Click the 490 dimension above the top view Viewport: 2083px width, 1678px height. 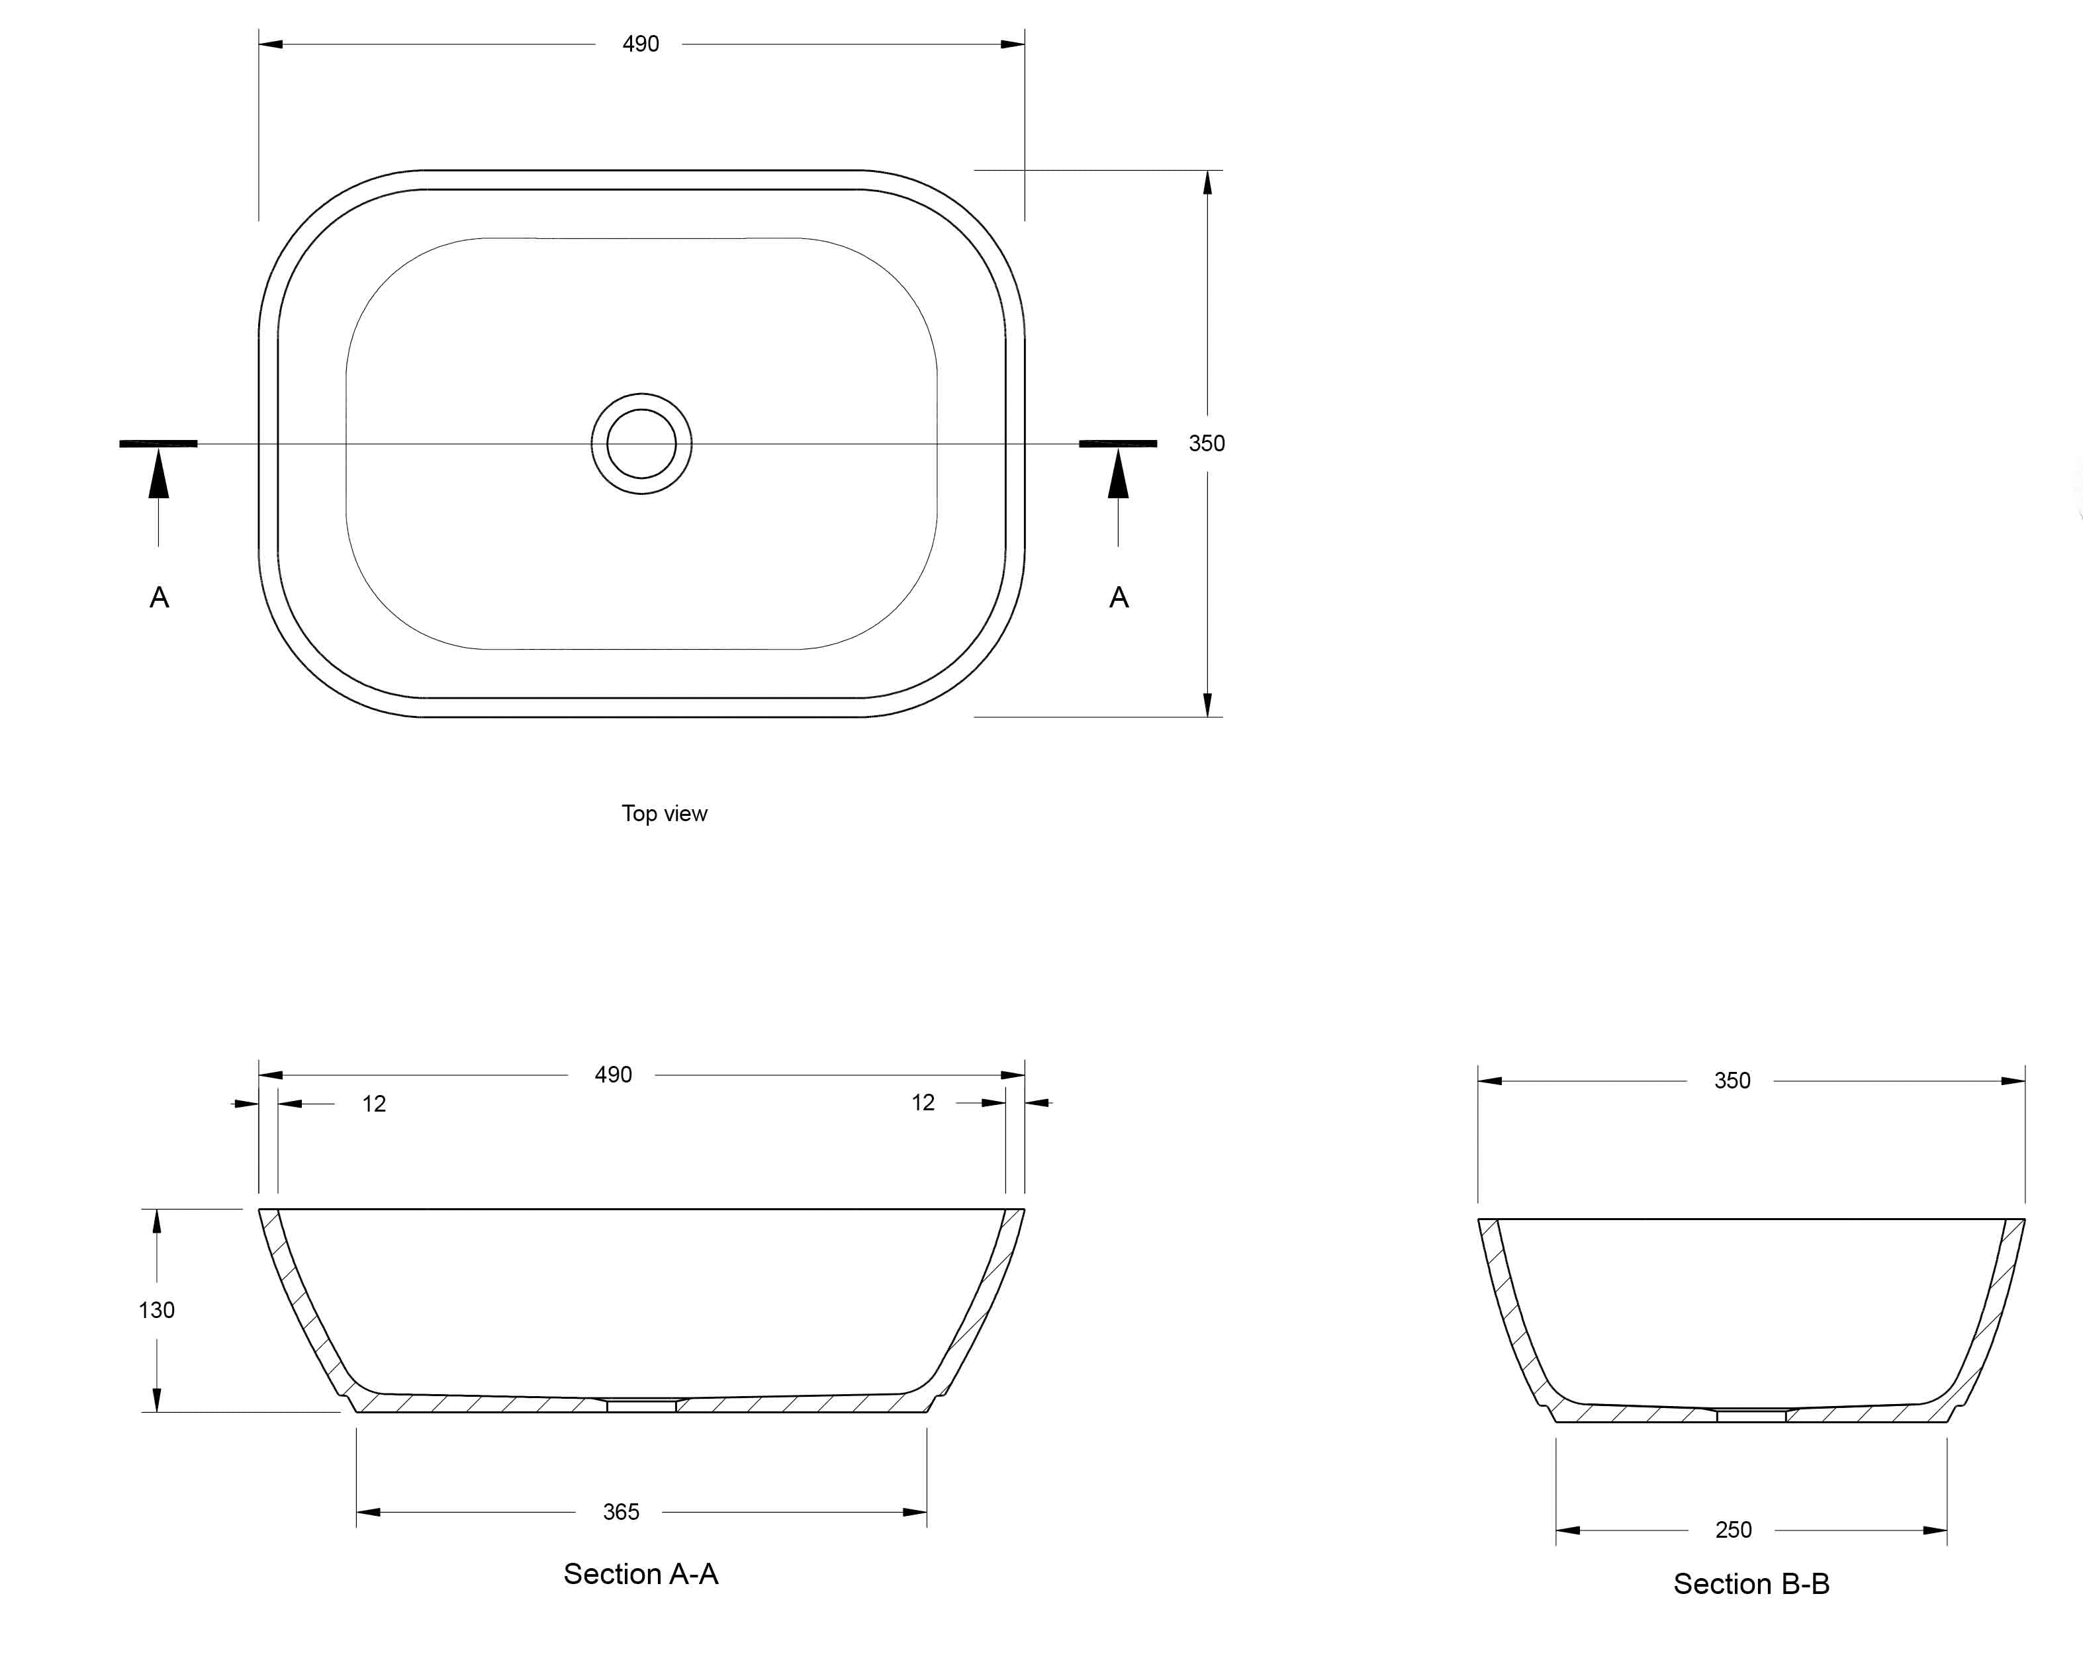click(x=640, y=44)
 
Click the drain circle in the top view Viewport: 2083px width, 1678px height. click(x=641, y=394)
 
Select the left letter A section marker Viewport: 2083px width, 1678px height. click(x=160, y=597)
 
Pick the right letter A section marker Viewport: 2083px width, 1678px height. click(x=1119, y=597)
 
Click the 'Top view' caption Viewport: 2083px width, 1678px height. click(x=665, y=814)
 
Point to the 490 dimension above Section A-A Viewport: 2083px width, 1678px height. click(x=613, y=1075)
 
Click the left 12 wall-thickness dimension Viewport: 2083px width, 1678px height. click(x=374, y=1104)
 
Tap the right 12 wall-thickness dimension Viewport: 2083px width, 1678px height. click(x=923, y=1103)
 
